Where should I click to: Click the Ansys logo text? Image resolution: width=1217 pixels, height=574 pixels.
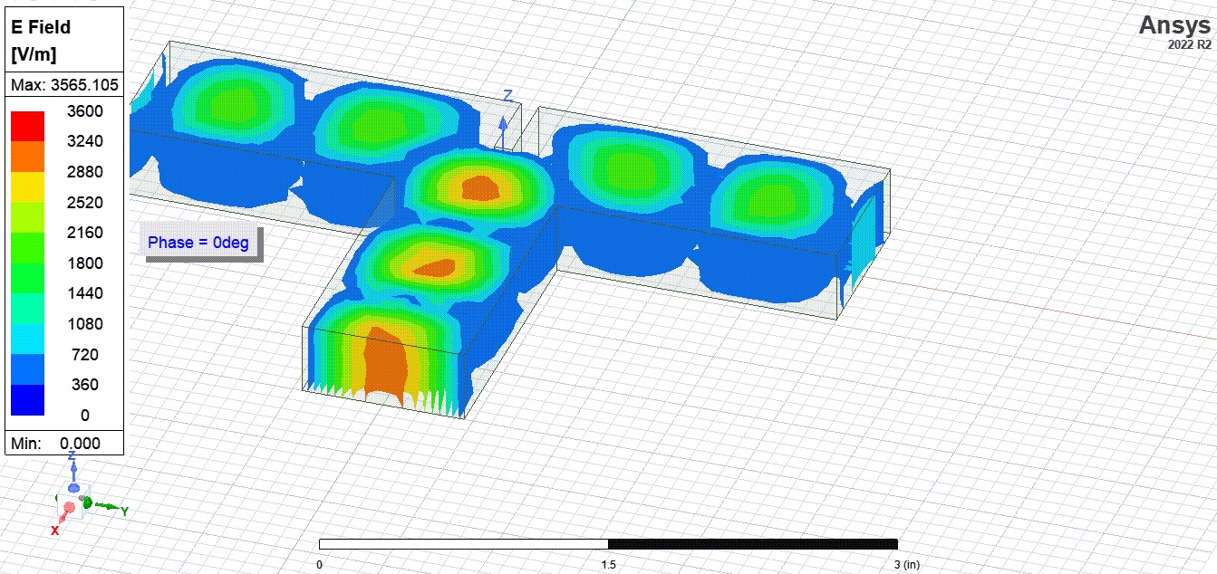tap(1174, 25)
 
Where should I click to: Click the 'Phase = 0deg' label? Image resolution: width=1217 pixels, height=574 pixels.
tap(198, 243)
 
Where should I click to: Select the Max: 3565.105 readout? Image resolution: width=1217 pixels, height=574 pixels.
tap(64, 85)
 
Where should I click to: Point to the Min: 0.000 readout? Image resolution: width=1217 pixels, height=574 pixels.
tap(55, 443)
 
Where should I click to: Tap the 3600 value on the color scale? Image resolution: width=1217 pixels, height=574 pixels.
tap(85, 111)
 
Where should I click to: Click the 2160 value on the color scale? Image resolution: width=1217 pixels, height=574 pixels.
tap(85, 233)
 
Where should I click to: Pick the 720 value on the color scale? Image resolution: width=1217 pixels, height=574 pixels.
tap(85, 355)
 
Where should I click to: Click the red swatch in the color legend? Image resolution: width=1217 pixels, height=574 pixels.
tap(28, 126)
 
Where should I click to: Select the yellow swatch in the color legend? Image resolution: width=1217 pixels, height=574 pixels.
tap(28, 187)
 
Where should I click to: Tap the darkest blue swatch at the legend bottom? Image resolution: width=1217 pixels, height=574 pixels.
tap(28, 400)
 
